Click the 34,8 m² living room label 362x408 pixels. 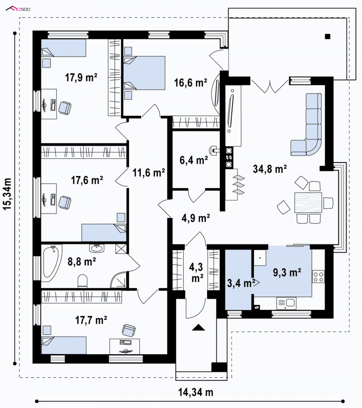tap(270, 169)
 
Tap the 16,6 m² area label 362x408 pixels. tap(191, 83)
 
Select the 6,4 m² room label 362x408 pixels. tap(194, 160)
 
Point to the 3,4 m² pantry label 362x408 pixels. tap(239, 283)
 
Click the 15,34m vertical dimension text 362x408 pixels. tap(7, 194)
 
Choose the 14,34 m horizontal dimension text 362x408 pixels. tap(195, 392)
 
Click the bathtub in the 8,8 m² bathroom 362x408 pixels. tap(52, 263)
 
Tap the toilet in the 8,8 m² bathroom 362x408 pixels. tap(83, 281)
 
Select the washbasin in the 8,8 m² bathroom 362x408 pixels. tap(97, 248)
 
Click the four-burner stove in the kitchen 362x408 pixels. tap(318, 276)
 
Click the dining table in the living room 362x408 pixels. tap(308, 203)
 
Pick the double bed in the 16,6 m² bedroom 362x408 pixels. tap(144, 73)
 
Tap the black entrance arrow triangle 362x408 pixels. tap(199, 327)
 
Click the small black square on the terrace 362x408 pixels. tap(328, 37)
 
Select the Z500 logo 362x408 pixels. tap(18, 9)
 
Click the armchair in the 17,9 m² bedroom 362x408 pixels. tap(65, 108)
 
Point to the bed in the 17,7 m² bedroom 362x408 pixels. tap(64, 345)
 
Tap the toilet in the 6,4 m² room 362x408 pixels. tap(214, 150)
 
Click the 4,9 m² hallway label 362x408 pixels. tap(195, 218)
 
